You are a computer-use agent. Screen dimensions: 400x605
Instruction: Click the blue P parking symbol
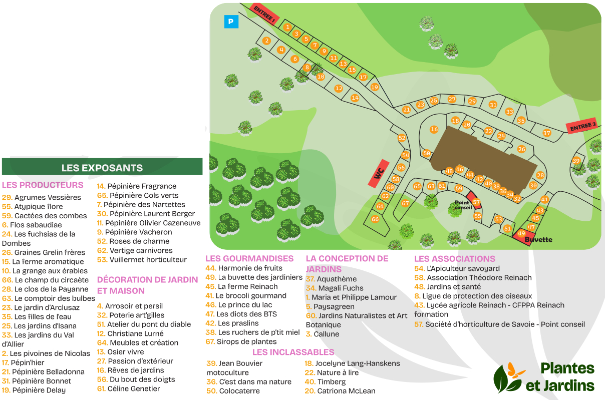click(231, 22)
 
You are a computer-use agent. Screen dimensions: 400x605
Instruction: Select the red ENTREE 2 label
click(583, 127)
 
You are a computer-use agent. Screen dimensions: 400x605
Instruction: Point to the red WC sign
click(379, 173)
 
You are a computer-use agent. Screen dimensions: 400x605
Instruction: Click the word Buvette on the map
click(538, 240)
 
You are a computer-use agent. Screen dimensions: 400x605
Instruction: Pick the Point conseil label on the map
click(463, 205)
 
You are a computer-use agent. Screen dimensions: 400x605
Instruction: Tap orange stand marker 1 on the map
click(287, 27)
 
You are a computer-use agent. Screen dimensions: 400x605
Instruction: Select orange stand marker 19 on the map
click(375, 87)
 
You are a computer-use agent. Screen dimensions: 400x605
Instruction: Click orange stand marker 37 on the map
click(546, 133)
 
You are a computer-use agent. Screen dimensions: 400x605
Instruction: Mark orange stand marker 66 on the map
click(375, 219)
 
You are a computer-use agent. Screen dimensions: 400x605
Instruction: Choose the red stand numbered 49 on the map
click(521, 234)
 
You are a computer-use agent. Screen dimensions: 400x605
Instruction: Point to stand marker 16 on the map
click(434, 130)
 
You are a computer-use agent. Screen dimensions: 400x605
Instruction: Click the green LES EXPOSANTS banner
click(102, 168)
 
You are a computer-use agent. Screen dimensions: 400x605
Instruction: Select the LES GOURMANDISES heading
click(249, 259)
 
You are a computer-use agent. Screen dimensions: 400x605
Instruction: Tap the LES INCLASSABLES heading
click(293, 352)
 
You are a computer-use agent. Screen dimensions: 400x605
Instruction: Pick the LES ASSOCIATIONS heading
click(454, 259)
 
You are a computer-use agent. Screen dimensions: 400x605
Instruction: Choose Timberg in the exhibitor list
click(331, 381)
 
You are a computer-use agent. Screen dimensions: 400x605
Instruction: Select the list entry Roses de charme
click(139, 241)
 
